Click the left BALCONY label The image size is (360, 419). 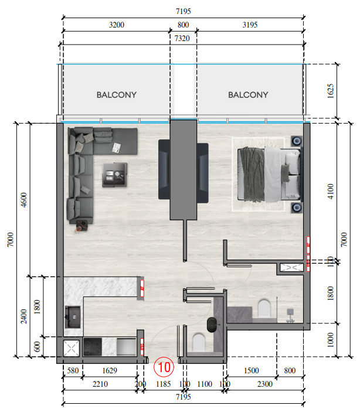click(x=117, y=94)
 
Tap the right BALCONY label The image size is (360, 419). click(x=248, y=94)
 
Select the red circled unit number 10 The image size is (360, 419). click(x=164, y=368)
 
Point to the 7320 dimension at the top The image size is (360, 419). click(x=182, y=38)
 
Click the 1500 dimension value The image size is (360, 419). click(x=251, y=371)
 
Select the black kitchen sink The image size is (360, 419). click(x=74, y=317)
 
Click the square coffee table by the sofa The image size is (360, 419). click(x=114, y=175)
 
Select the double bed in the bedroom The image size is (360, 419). click(x=268, y=174)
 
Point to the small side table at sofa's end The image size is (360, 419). click(x=81, y=224)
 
